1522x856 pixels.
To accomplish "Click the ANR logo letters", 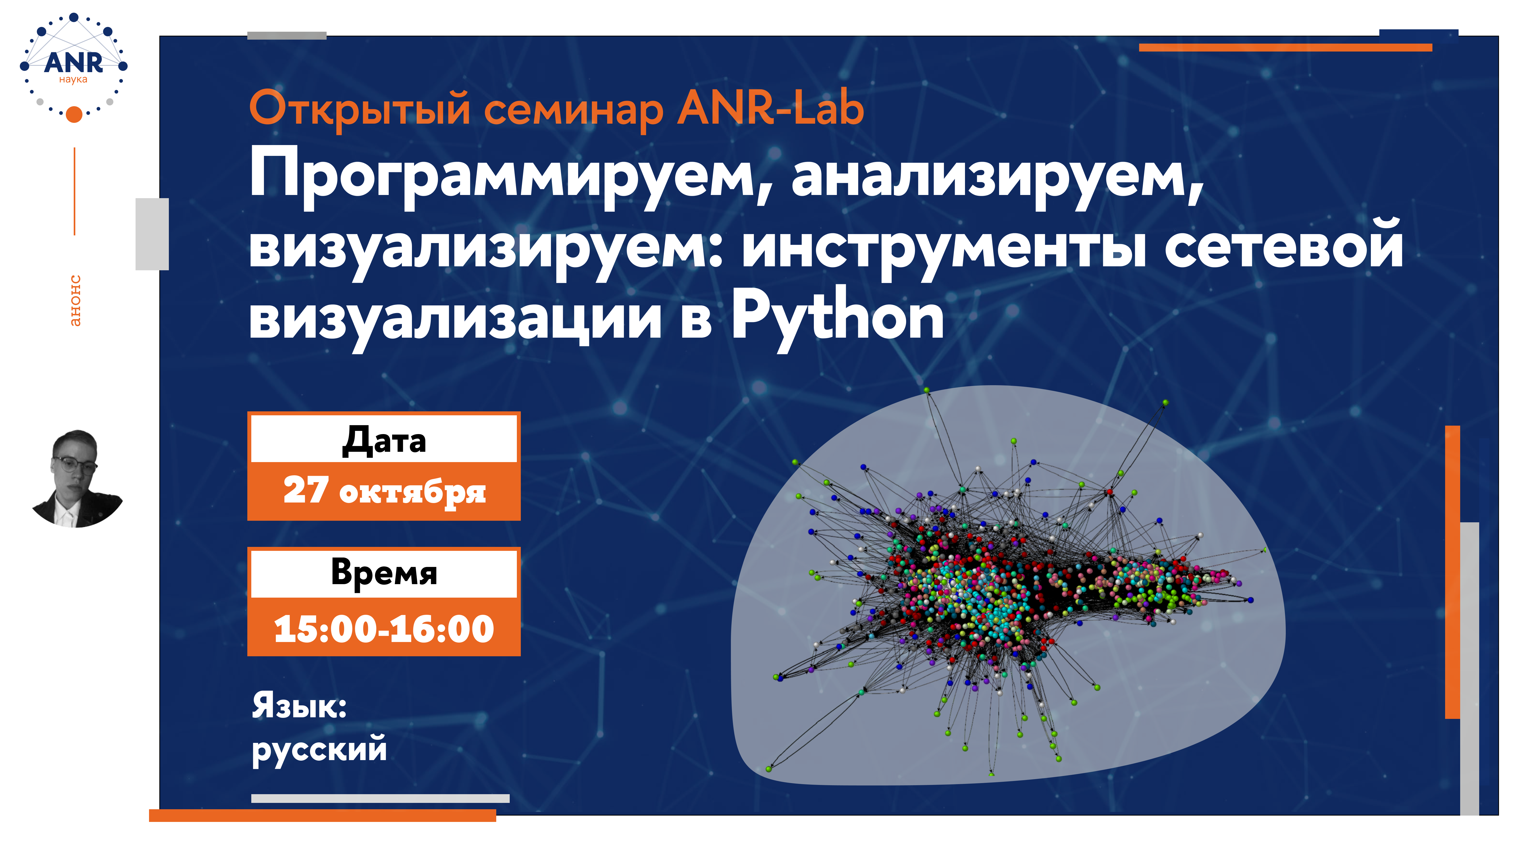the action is (73, 62).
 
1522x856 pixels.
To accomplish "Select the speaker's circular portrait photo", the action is (77, 478).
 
